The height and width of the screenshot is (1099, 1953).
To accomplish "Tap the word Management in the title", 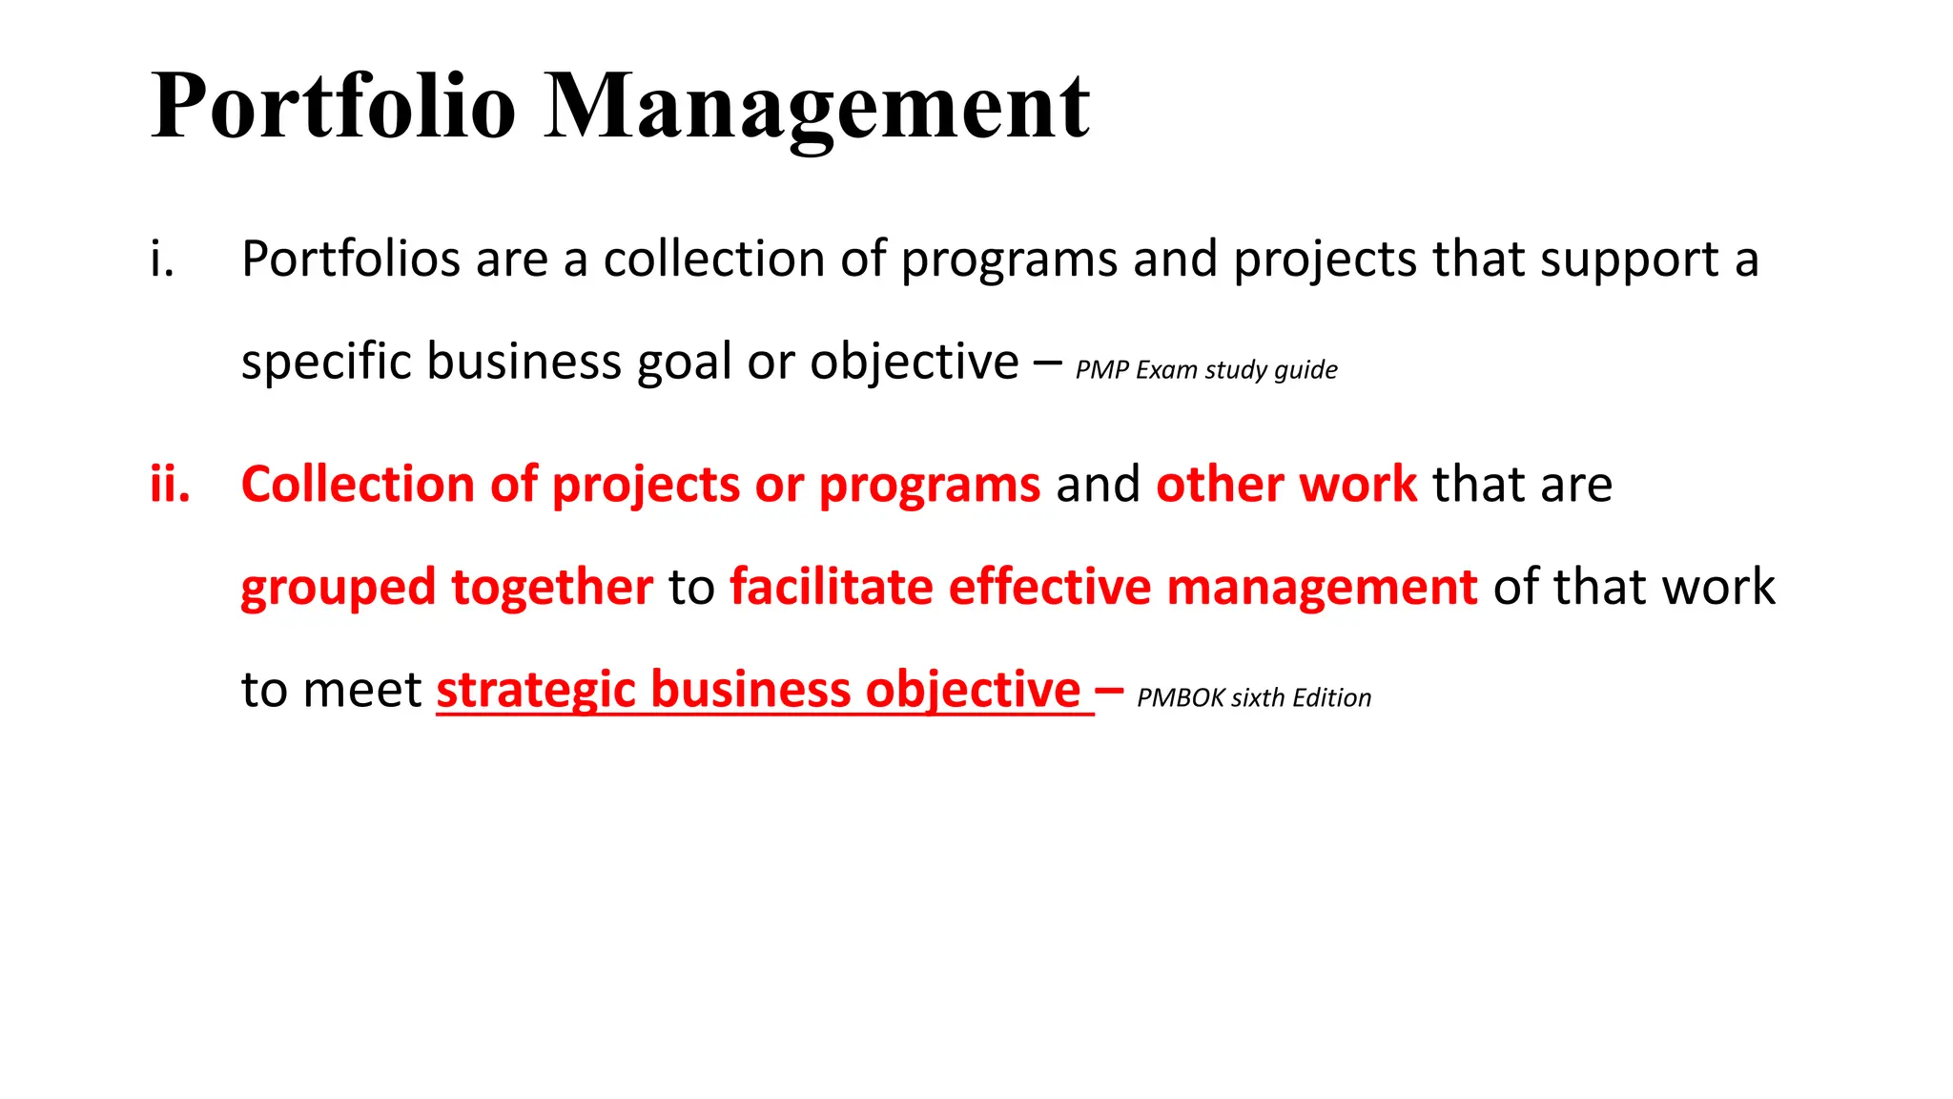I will point(816,107).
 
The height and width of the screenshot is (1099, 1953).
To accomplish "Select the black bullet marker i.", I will point(162,259).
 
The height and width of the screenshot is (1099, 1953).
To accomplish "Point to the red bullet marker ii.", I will point(170,484).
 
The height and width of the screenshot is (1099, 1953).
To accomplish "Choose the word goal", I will point(686,363).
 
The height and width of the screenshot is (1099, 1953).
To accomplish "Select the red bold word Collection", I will point(358,484).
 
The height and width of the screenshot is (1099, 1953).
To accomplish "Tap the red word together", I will point(552,588).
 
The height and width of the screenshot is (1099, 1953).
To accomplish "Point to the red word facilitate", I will point(831,586).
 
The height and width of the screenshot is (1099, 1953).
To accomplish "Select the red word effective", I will point(1049,586).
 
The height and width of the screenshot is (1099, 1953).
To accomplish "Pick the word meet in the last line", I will point(361,690).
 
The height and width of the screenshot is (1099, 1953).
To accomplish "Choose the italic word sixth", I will point(1259,698).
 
